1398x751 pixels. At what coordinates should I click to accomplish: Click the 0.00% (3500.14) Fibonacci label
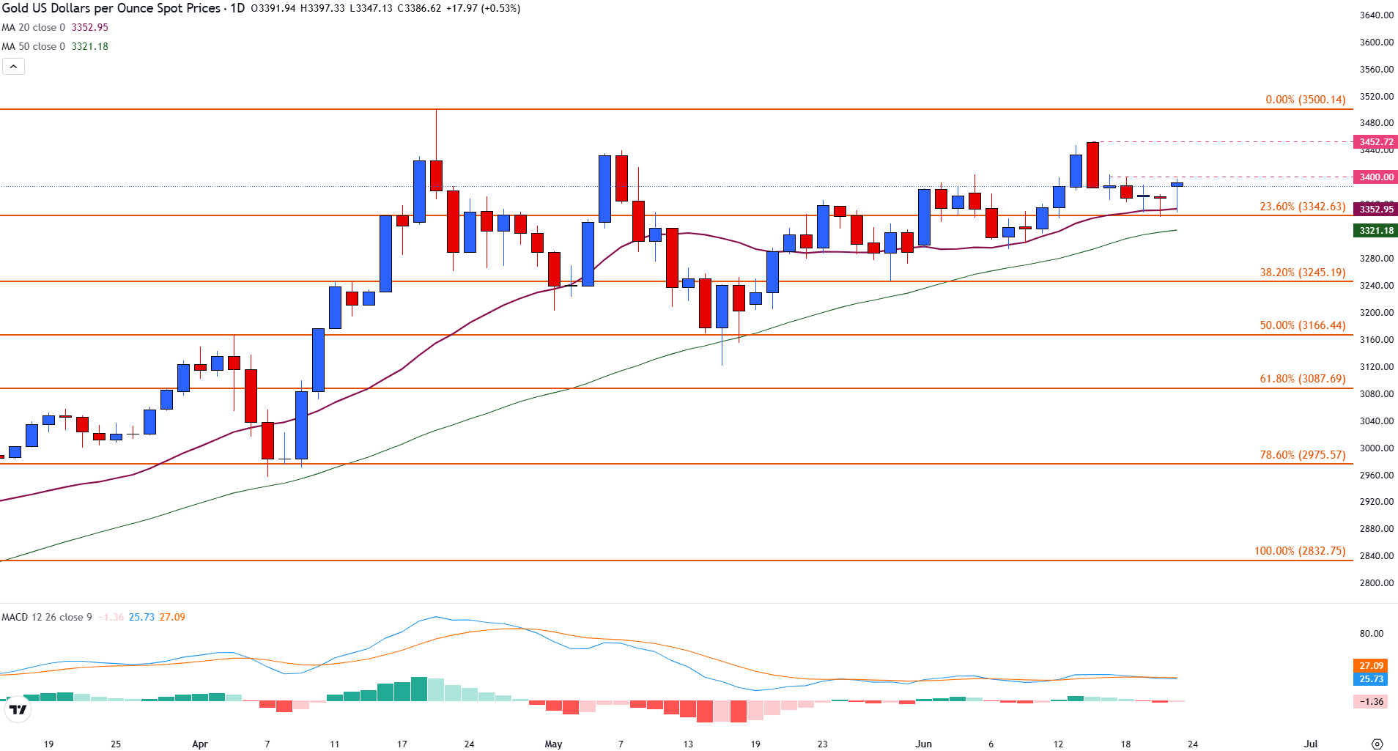click(x=1305, y=100)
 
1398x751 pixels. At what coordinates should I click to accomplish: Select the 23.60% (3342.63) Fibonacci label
click(x=1302, y=207)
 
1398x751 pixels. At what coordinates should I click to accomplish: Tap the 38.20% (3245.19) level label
click(x=1302, y=273)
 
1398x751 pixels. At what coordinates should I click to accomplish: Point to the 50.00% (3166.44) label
click(x=1302, y=325)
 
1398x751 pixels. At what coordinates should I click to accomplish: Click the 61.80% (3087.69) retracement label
click(x=1302, y=379)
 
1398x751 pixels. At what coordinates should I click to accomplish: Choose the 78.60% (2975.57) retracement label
click(x=1302, y=455)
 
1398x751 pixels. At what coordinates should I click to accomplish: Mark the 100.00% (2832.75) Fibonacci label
click(x=1300, y=551)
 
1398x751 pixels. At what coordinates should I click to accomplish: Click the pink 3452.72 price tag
click(x=1376, y=142)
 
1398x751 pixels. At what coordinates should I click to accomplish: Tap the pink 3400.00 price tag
click(x=1376, y=177)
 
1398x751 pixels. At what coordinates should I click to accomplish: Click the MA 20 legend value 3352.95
click(x=89, y=27)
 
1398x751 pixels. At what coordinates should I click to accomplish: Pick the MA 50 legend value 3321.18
click(x=89, y=46)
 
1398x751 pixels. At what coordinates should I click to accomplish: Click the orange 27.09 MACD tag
click(x=1371, y=666)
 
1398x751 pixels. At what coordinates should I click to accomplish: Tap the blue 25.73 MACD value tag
click(x=1371, y=679)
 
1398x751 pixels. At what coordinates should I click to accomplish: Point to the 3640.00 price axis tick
click(x=1376, y=15)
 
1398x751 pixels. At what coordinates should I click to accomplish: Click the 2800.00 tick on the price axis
click(x=1376, y=583)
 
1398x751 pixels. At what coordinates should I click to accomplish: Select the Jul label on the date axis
click(x=1311, y=744)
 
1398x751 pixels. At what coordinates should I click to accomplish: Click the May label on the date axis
click(x=553, y=744)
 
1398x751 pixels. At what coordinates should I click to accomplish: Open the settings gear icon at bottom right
click(x=1377, y=744)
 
